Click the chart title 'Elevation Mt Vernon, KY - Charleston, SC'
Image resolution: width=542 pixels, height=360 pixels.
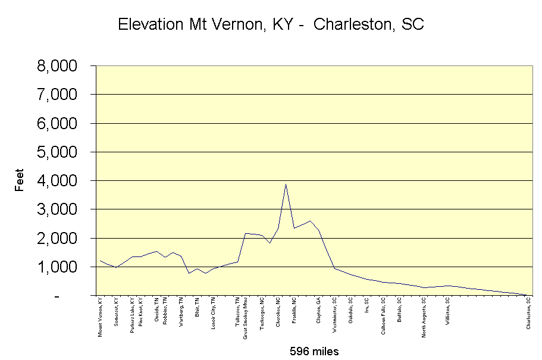(x=271, y=24)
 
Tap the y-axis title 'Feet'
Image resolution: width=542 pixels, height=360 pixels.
(x=20, y=180)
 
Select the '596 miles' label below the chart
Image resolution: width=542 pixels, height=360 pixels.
(x=314, y=350)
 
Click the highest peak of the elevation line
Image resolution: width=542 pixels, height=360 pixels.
(x=286, y=184)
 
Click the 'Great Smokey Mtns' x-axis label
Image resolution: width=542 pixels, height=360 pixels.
(x=245, y=318)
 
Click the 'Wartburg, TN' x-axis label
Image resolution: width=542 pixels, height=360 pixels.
(x=181, y=312)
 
